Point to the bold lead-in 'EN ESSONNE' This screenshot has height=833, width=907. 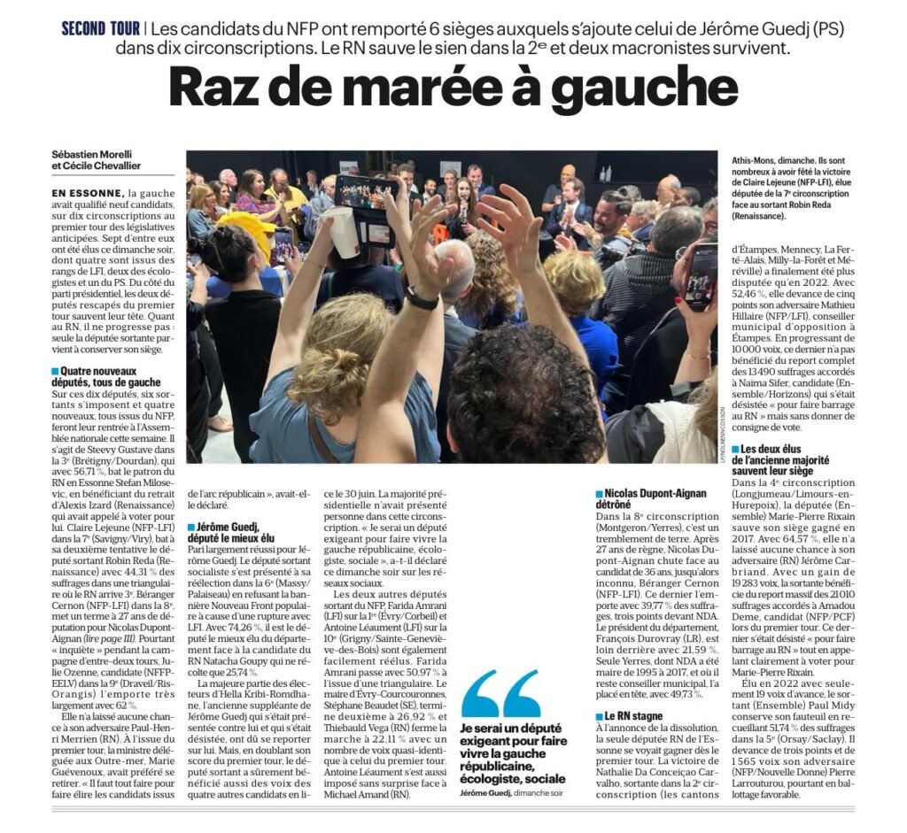tap(88, 192)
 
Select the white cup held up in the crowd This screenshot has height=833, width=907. tap(343, 232)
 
